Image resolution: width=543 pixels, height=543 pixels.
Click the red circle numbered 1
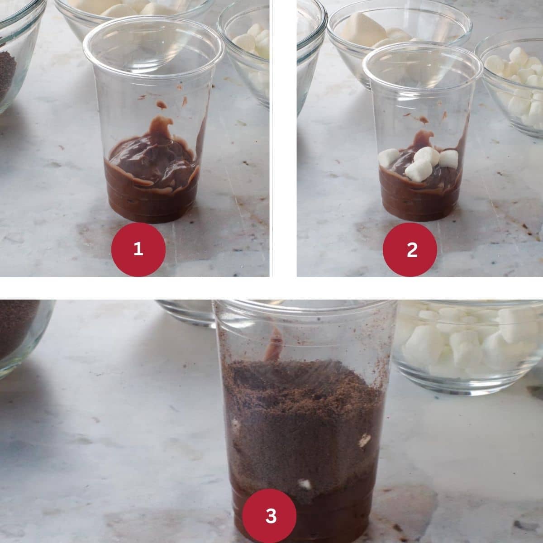(x=138, y=249)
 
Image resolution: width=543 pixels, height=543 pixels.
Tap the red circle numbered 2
(x=410, y=249)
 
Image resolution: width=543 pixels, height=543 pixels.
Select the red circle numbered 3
(x=269, y=516)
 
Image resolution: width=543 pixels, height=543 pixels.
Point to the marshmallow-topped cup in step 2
(x=422, y=133)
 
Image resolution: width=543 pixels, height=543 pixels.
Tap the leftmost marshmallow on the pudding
(x=389, y=157)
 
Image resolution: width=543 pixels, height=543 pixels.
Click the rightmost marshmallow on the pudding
(x=448, y=159)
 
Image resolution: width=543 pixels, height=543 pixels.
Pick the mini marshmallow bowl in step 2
(x=510, y=85)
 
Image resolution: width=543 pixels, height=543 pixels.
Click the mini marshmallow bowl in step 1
(x=245, y=57)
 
